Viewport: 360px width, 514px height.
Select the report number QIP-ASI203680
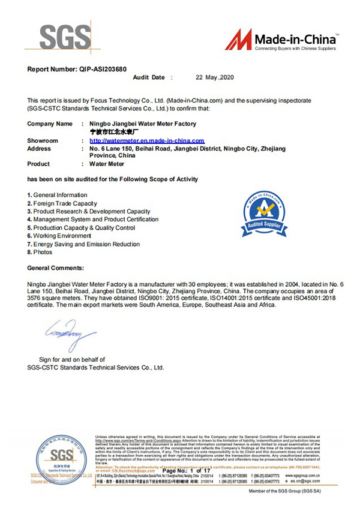point(102,69)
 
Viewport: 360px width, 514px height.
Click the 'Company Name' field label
point(50,124)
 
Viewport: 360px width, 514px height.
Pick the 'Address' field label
point(40,148)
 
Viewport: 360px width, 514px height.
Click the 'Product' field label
point(40,163)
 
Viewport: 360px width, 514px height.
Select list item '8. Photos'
point(40,253)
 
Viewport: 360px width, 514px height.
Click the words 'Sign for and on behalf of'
point(72,359)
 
